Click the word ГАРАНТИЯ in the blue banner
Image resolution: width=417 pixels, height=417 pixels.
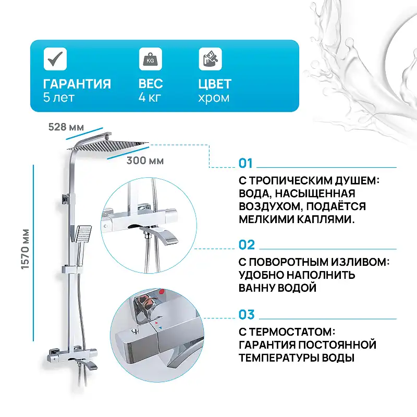(77, 84)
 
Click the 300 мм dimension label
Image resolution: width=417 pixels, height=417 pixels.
(144, 161)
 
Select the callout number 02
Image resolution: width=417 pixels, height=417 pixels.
(247, 245)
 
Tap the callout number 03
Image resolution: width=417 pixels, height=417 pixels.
(247, 315)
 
